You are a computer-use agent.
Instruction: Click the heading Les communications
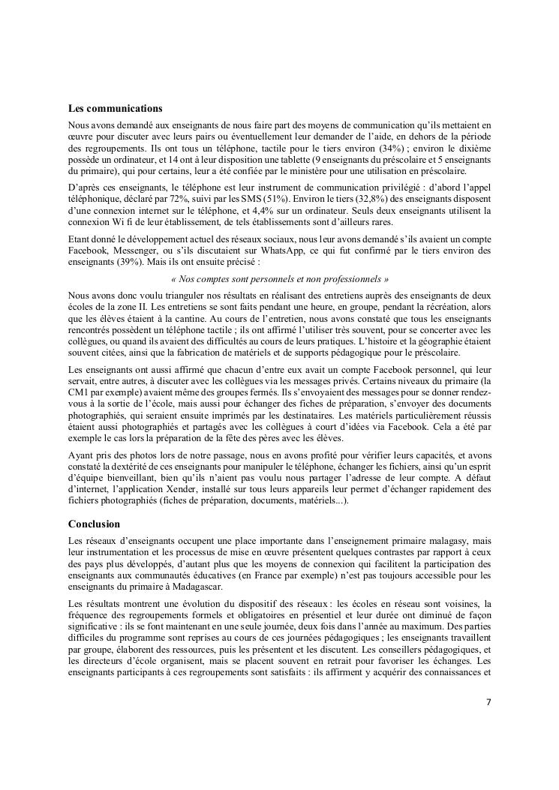point(115,108)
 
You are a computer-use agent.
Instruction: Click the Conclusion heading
point(95,524)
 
